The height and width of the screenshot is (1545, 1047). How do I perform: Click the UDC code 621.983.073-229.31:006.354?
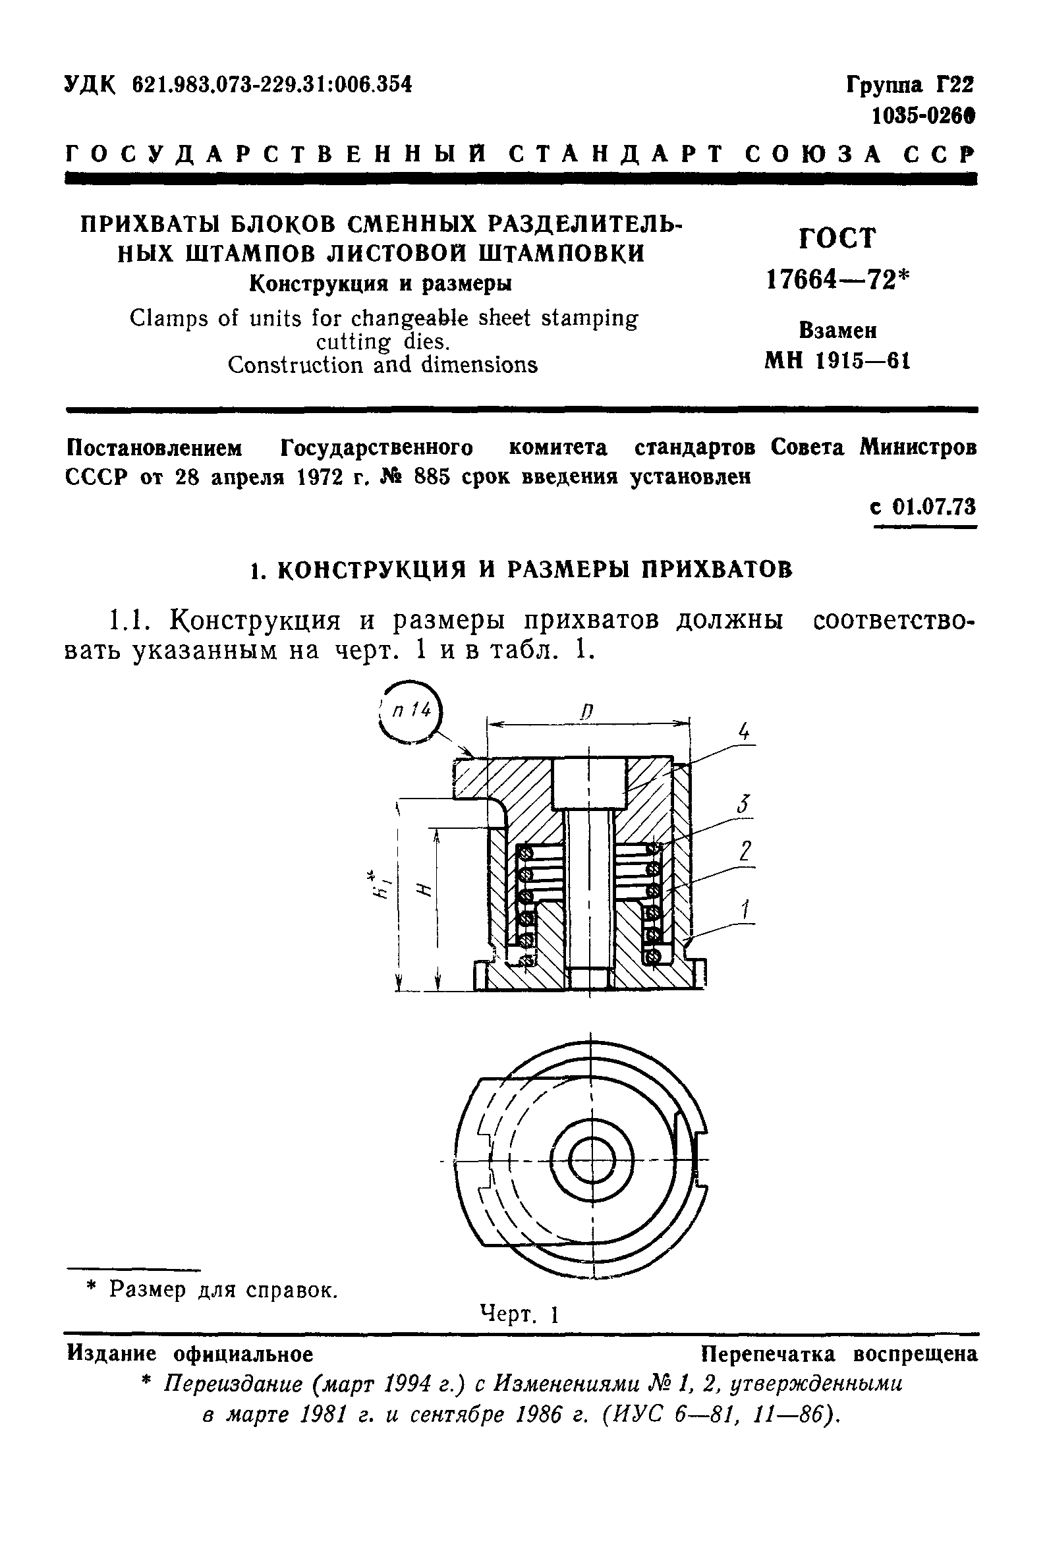tap(272, 84)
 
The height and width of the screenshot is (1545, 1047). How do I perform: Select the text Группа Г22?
tap(909, 85)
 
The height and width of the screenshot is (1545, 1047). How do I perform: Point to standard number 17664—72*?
tap(837, 280)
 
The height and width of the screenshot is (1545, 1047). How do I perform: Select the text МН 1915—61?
tap(837, 360)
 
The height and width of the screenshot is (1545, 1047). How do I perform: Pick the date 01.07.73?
tap(932, 507)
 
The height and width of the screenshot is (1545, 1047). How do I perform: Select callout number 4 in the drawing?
tap(744, 733)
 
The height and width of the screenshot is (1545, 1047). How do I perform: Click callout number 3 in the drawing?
tap(743, 805)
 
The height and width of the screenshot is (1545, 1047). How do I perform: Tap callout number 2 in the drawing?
tap(745, 851)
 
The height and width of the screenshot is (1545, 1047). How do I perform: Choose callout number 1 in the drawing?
tap(746, 908)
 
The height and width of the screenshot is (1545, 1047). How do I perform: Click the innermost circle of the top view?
tap(590, 1160)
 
